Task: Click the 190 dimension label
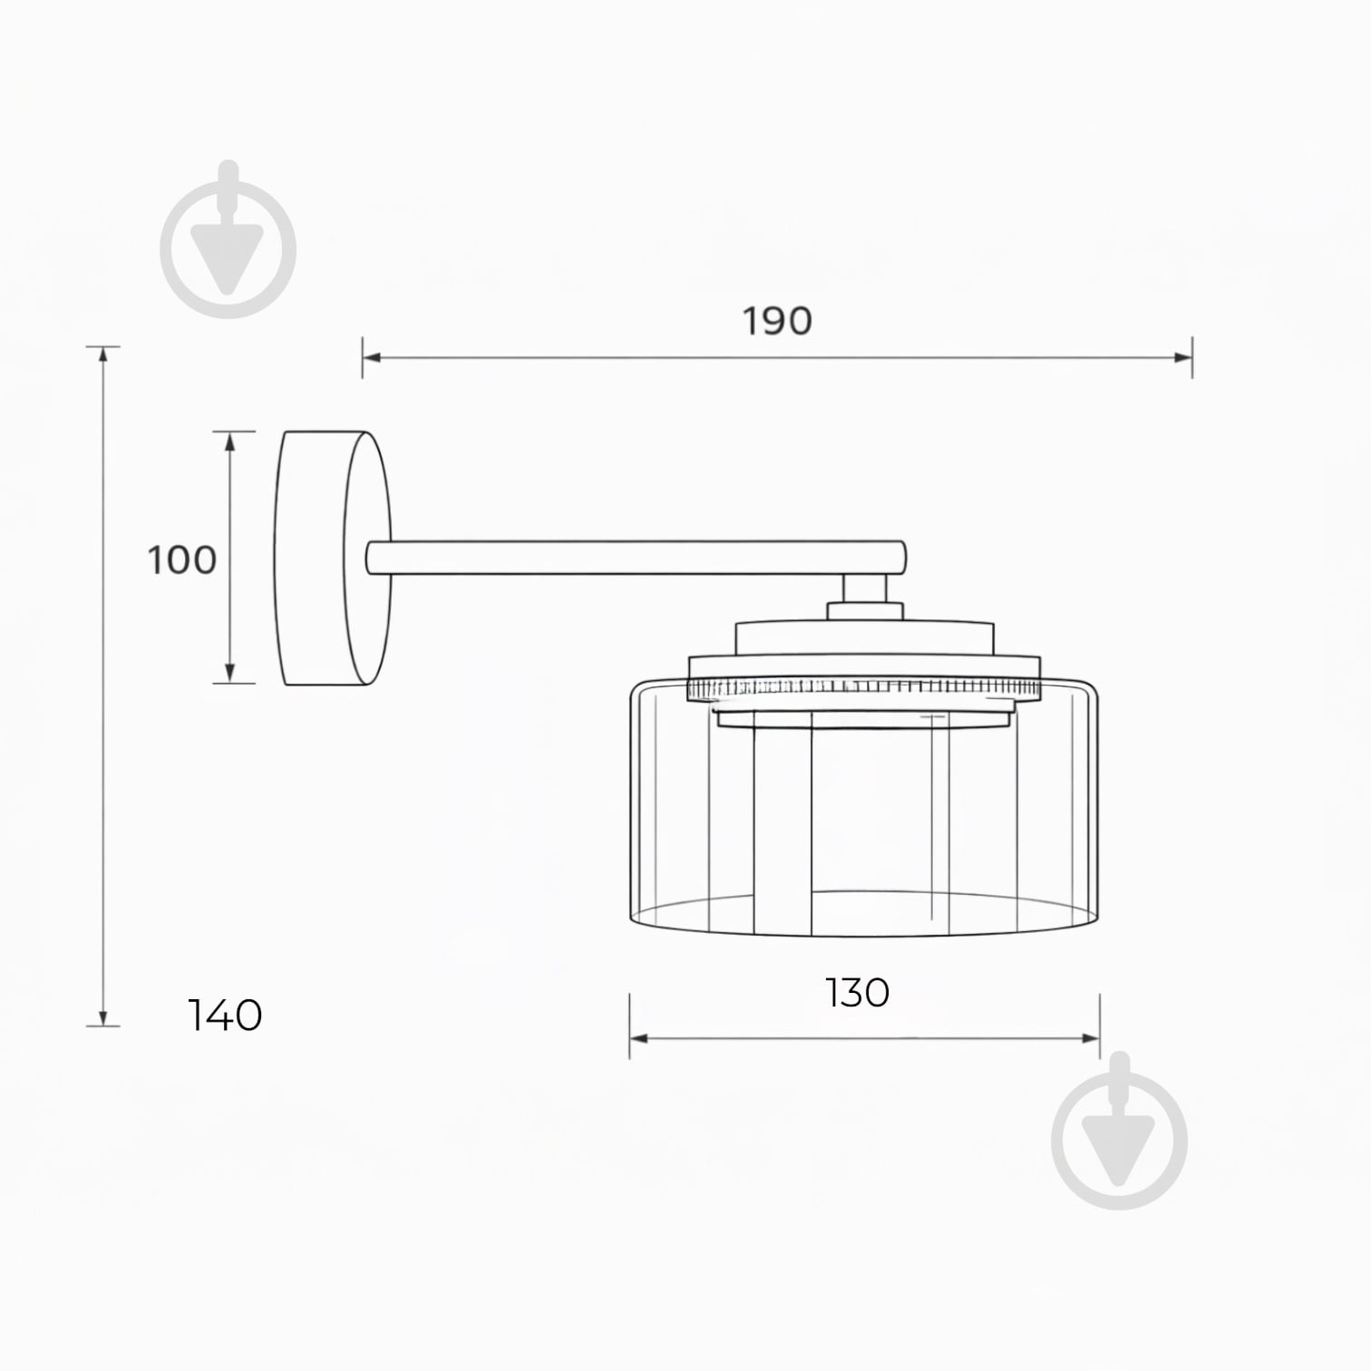coord(777,321)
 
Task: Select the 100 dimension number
coord(182,559)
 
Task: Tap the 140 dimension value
coord(225,1015)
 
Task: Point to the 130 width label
coord(857,993)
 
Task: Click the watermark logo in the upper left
coord(228,239)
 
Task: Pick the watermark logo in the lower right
coord(1120,1131)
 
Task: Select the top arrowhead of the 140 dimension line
coord(103,355)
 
